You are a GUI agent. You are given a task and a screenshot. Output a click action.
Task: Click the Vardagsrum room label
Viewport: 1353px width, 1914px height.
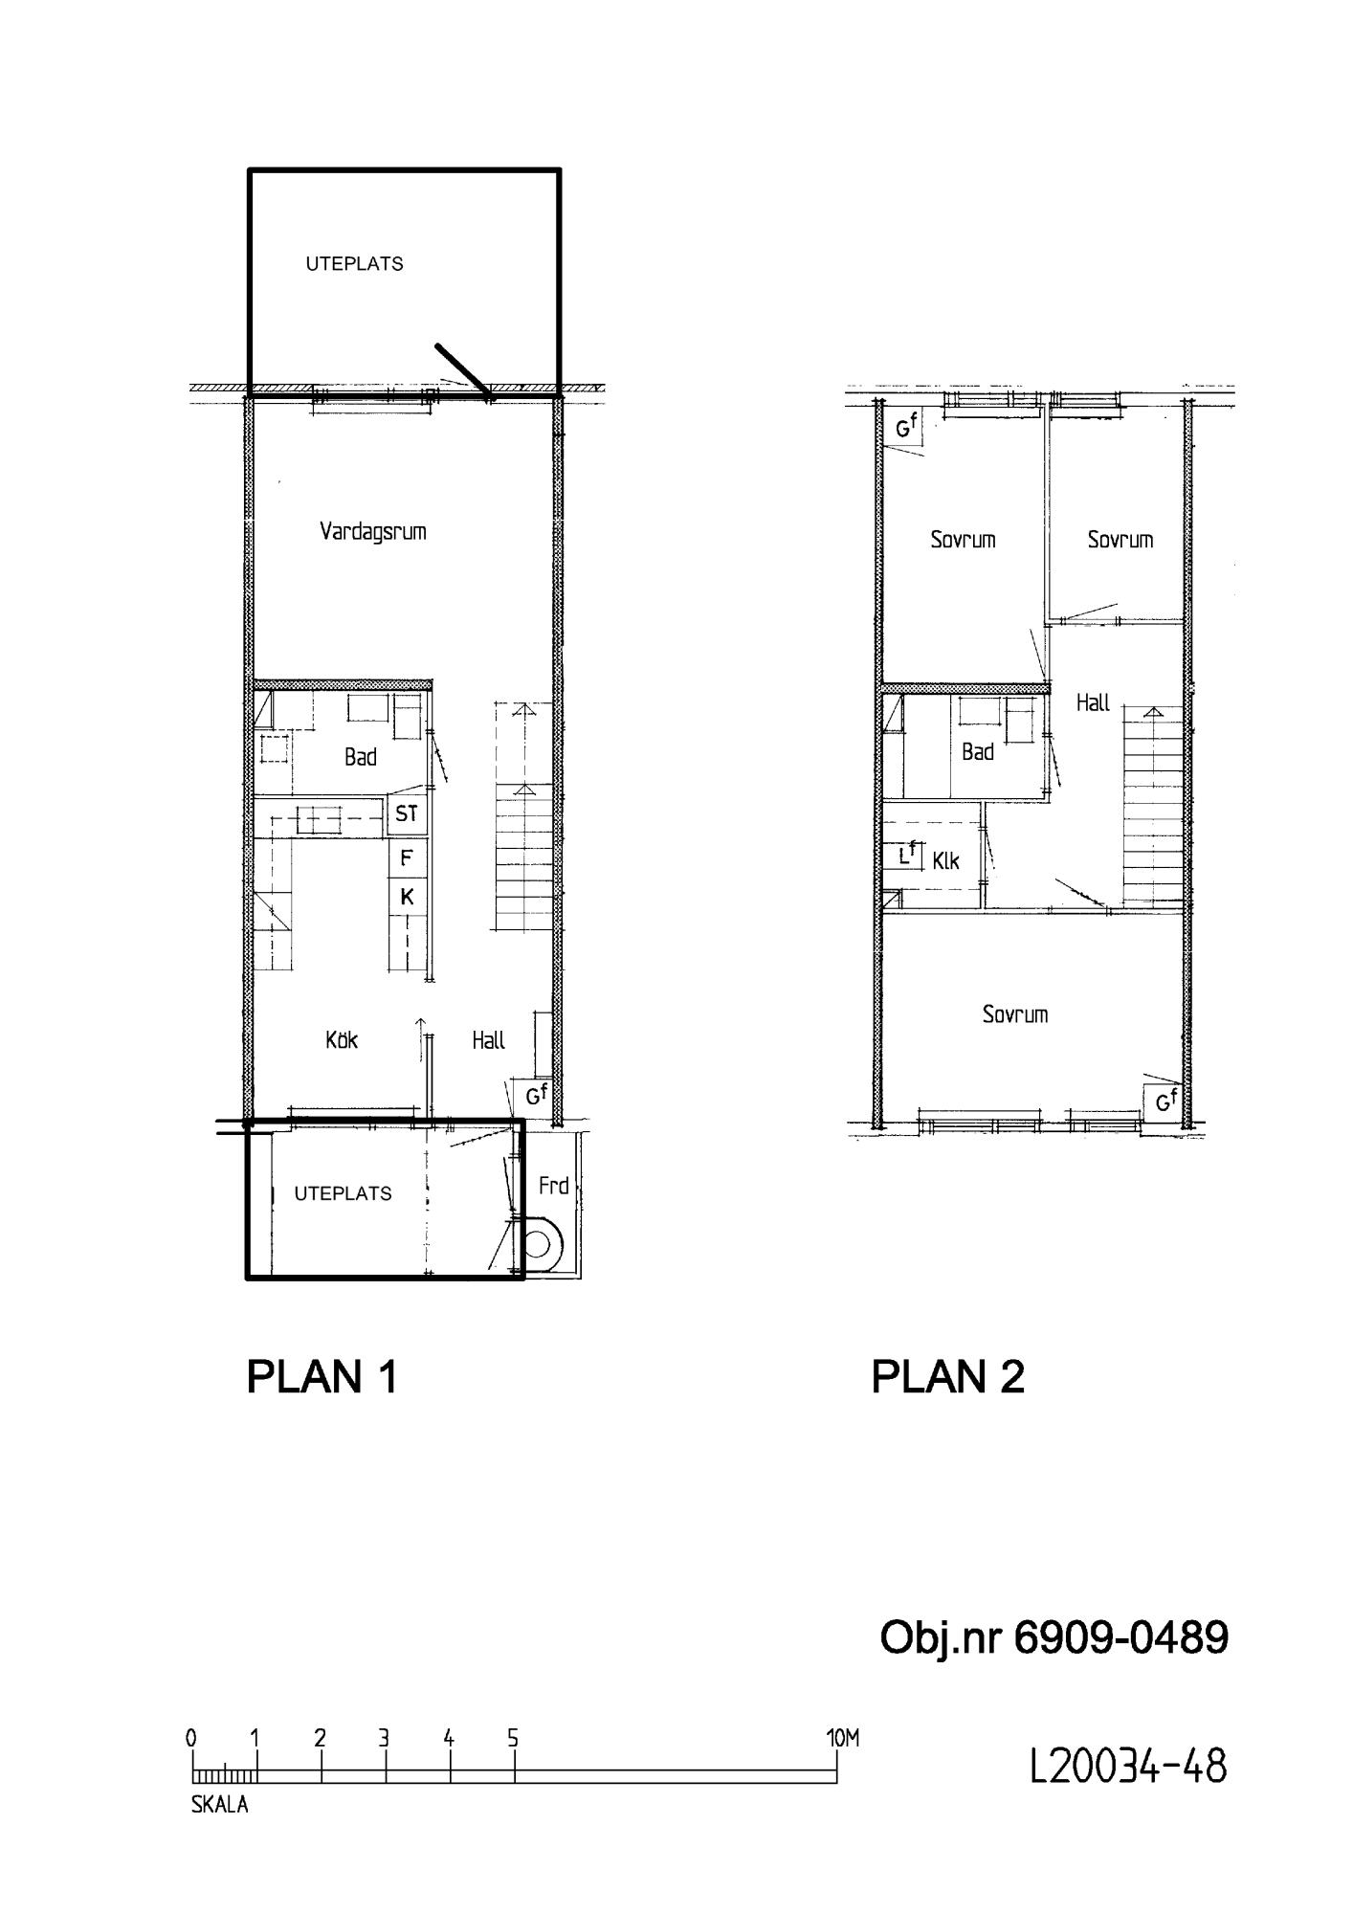point(373,532)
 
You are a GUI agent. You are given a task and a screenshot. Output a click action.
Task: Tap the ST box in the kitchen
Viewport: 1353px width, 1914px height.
point(407,814)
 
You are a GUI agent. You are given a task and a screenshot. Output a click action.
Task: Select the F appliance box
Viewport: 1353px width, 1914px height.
point(407,857)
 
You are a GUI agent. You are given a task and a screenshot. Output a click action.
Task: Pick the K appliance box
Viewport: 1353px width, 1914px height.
point(407,897)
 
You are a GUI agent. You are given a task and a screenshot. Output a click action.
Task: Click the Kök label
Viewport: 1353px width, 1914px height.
point(342,1039)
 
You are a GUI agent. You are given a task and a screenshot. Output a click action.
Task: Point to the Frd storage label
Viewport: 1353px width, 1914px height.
point(553,1186)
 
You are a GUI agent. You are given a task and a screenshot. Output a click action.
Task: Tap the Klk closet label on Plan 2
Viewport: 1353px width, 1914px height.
point(945,861)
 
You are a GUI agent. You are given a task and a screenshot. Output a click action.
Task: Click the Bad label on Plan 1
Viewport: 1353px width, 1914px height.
point(361,757)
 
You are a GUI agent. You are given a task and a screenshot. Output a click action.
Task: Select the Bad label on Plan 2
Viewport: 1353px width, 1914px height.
point(978,752)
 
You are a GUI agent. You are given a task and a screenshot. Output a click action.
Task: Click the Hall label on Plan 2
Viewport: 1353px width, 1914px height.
point(1093,702)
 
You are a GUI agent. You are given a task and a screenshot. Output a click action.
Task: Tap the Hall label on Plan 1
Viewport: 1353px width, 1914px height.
point(488,1040)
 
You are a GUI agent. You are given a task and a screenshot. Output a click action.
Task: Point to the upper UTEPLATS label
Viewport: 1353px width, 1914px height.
point(355,264)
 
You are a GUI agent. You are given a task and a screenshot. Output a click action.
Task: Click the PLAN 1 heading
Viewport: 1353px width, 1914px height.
point(322,1377)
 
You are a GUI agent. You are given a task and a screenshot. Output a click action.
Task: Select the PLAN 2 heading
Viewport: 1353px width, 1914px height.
point(947,1377)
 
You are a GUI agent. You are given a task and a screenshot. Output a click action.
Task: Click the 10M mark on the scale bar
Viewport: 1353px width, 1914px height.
point(843,1738)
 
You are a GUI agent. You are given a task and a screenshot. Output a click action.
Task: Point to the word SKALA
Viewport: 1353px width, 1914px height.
point(219,1805)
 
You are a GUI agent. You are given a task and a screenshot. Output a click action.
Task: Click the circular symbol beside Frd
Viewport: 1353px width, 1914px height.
point(538,1245)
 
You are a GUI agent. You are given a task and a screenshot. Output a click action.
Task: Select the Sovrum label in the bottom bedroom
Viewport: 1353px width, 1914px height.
point(1015,1014)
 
